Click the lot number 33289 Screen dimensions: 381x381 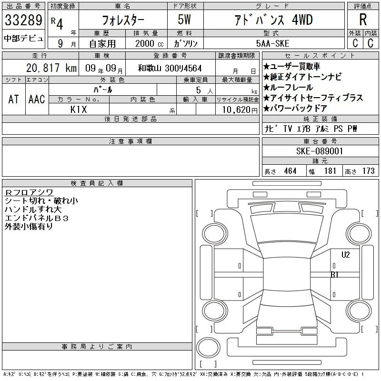[x=23, y=20]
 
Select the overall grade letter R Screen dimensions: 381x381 [x=363, y=20]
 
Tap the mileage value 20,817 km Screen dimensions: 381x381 [x=51, y=68]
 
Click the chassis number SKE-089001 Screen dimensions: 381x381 [x=320, y=151]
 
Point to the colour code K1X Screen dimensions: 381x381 [x=79, y=110]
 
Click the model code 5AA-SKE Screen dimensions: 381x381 [x=272, y=43]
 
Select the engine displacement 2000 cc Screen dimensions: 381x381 [x=149, y=44]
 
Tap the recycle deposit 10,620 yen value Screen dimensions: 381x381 [x=240, y=110]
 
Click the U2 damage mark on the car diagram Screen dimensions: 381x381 [x=346, y=255]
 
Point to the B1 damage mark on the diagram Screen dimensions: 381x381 [x=335, y=275]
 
